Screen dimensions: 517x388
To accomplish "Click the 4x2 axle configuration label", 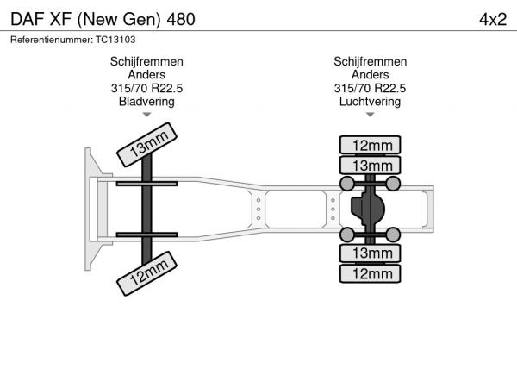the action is point(493,20).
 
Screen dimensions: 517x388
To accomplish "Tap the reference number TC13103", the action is point(115,40).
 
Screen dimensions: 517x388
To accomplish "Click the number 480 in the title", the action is point(181,20).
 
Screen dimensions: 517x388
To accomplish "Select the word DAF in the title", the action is point(28,20).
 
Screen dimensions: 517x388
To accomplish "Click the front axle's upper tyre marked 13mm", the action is point(146,145).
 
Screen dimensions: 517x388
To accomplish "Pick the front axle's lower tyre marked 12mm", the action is point(146,273).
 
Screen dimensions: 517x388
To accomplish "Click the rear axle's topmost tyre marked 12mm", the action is point(370,145).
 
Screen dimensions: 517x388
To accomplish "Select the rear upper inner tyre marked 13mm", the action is point(370,166).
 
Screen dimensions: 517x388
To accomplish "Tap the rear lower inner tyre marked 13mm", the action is point(370,253).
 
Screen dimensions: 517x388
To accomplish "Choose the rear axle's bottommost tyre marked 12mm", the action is point(370,273).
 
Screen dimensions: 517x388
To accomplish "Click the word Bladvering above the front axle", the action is point(146,101).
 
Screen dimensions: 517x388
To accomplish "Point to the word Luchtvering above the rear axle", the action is point(370,101).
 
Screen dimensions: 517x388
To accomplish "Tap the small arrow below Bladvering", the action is point(146,115).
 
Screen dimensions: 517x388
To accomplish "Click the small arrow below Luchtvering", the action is point(370,115).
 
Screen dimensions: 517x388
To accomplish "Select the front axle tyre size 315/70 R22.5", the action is point(146,88).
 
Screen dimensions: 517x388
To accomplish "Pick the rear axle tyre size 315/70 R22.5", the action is point(370,88).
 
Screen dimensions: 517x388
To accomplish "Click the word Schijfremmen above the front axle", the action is point(146,61).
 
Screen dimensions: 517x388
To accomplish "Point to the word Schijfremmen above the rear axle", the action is point(370,61).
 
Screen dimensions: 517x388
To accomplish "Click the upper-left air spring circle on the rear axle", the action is point(347,184).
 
